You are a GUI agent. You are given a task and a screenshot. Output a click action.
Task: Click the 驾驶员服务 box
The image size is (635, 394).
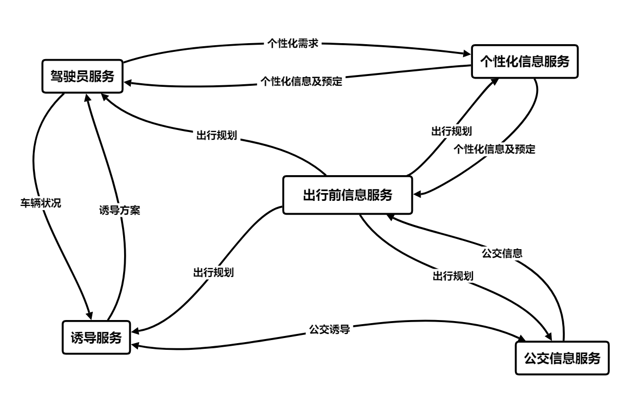83,76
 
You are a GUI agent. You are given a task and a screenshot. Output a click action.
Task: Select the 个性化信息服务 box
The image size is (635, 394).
524,62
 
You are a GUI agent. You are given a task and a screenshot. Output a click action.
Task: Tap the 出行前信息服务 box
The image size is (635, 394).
348,195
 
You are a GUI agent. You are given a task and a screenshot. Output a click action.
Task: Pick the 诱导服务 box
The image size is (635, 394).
96,337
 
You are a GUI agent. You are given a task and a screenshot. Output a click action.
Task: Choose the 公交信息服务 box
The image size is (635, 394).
562,358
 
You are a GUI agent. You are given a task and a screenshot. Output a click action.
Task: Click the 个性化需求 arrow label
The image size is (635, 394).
294,44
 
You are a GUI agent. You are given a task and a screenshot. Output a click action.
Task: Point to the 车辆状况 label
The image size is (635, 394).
40,203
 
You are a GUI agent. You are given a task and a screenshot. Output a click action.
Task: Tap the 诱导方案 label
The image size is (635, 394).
120,210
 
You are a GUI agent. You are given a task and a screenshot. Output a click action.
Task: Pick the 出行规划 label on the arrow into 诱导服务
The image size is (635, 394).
213,272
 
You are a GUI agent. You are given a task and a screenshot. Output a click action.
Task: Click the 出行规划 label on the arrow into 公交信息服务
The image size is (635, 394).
452,275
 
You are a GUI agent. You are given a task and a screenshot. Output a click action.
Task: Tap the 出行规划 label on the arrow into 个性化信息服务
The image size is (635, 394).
451,130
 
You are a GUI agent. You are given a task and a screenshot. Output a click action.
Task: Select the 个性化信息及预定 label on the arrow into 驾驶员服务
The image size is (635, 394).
301,81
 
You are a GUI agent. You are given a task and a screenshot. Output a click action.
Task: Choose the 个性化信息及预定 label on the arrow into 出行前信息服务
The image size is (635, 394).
494,149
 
